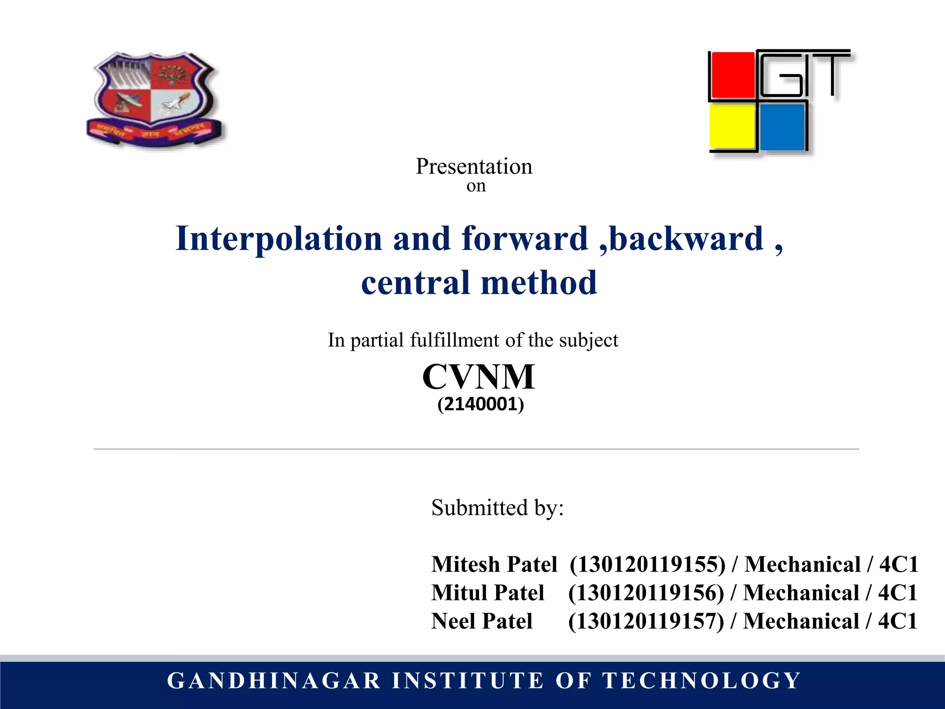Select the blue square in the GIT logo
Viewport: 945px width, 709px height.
pos(782,127)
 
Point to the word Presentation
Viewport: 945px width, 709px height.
pos(474,166)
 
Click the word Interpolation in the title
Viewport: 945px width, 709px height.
pos(279,239)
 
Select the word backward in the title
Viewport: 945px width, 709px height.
pos(686,239)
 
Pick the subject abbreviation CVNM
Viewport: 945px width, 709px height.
pos(478,377)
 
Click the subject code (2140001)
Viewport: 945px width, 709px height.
pos(480,404)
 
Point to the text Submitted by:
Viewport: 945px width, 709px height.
pos(497,508)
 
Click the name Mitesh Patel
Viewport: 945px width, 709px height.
pos(494,564)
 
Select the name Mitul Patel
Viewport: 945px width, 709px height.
pos(488,593)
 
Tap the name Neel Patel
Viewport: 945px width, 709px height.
pos(482,621)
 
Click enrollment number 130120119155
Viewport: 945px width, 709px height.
pos(647,564)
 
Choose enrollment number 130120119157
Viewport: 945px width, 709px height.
pos(646,621)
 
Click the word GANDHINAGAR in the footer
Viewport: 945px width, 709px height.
pos(274,681)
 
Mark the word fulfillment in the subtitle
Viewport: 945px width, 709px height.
pos(455,340)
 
